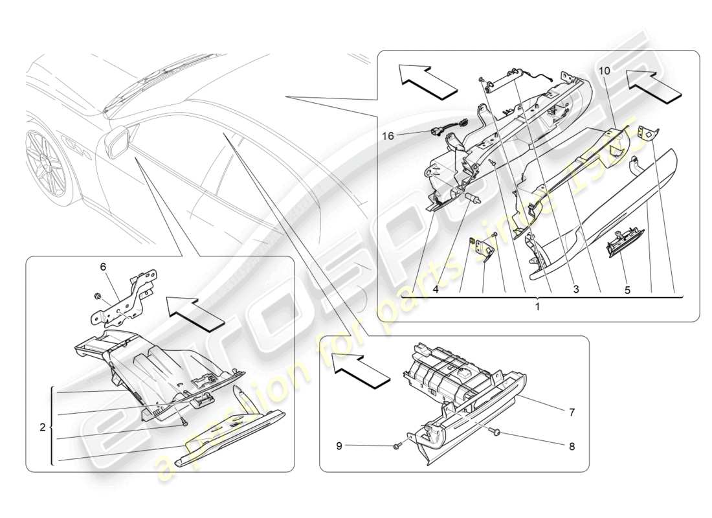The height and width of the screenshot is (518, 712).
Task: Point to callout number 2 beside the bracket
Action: click(42, 427)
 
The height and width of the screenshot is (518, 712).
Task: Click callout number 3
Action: click(575, 291)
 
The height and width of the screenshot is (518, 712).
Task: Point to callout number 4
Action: click(436, 291)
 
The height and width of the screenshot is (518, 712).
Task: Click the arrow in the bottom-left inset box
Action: click(194, 311)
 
